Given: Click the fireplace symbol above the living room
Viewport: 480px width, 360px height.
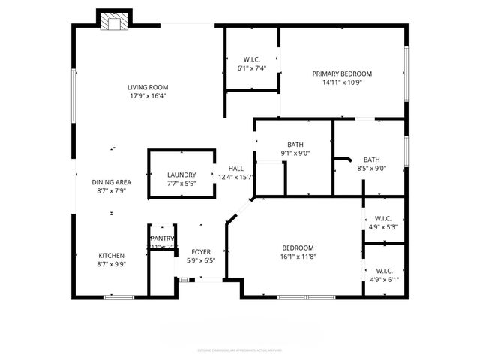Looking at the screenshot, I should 114,22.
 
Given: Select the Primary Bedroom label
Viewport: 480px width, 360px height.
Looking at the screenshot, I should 342,73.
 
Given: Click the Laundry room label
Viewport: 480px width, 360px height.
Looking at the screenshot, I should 181,175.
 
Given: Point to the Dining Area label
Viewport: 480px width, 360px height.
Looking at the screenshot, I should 112,182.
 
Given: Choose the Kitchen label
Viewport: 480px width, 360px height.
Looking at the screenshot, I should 111,255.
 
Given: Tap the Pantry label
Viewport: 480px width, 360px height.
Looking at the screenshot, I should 163,238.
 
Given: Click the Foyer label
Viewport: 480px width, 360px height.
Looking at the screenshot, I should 200,251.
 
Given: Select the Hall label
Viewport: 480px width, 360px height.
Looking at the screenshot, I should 235,169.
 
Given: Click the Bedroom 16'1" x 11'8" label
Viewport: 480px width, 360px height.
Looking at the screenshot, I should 298,248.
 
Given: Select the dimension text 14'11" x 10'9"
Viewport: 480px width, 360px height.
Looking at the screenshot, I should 342,82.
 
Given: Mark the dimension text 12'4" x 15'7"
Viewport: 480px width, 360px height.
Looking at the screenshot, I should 235,178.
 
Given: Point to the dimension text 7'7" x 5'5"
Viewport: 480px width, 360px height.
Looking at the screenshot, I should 181,184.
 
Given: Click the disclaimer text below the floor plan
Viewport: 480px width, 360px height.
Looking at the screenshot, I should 239,349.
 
